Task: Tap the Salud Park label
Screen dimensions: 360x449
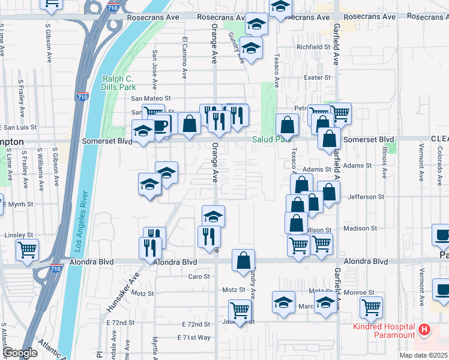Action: tap(273, 139)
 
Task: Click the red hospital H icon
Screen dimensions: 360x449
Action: tap(424, 329)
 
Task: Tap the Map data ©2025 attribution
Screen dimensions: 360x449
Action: tap(423, 355)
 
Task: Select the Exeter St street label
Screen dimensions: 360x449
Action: tap(318, 78)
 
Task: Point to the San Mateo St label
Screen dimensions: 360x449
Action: tap(151, 98)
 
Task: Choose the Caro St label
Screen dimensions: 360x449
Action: tap(199, 277)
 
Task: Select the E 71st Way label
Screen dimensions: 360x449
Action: tap(194, 338)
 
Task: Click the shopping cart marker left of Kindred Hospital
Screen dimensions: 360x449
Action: tap(371, 307)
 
